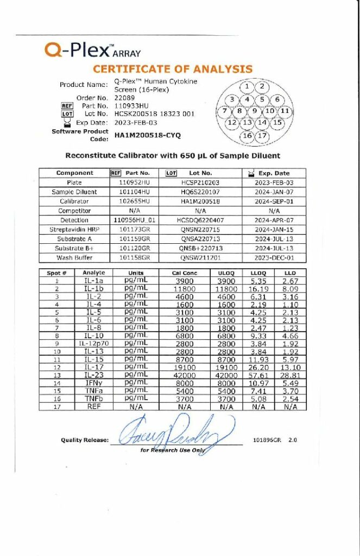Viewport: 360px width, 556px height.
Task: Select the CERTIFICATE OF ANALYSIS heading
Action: [173, 69]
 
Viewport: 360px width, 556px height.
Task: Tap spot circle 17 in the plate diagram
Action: [262, 136]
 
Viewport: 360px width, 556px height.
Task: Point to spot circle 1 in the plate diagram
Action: [247, 86]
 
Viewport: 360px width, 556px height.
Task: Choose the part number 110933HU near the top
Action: [132, 105]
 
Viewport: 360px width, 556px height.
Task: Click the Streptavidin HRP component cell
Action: [74, 230]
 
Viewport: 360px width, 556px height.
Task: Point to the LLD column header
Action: [290, 273]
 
